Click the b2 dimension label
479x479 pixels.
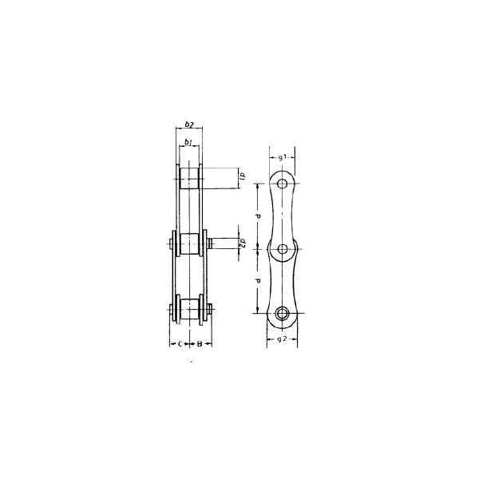[x=188, y=125]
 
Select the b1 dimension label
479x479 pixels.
[x=188, y=142]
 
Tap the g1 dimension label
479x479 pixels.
[x=283, y=157]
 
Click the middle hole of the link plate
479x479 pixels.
[x=283, y=249]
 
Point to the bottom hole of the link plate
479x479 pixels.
[x=283, y=313]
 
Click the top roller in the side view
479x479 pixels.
[x=189, y=177]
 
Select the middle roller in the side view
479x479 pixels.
[x=189, y=243]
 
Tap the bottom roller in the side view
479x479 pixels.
[x=189, y=309]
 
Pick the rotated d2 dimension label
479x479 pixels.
[x=241, y=244]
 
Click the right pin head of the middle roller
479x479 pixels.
[x=209, y=243]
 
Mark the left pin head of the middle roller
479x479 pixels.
[x=169, y=243]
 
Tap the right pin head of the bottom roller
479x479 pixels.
[x=209, y=309]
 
